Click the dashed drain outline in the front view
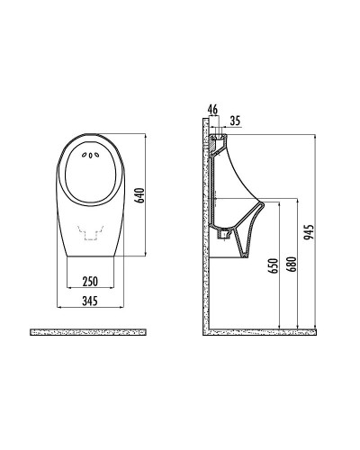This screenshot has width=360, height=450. pos(90,235)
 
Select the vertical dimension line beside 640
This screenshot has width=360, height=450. pos(146,196)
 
